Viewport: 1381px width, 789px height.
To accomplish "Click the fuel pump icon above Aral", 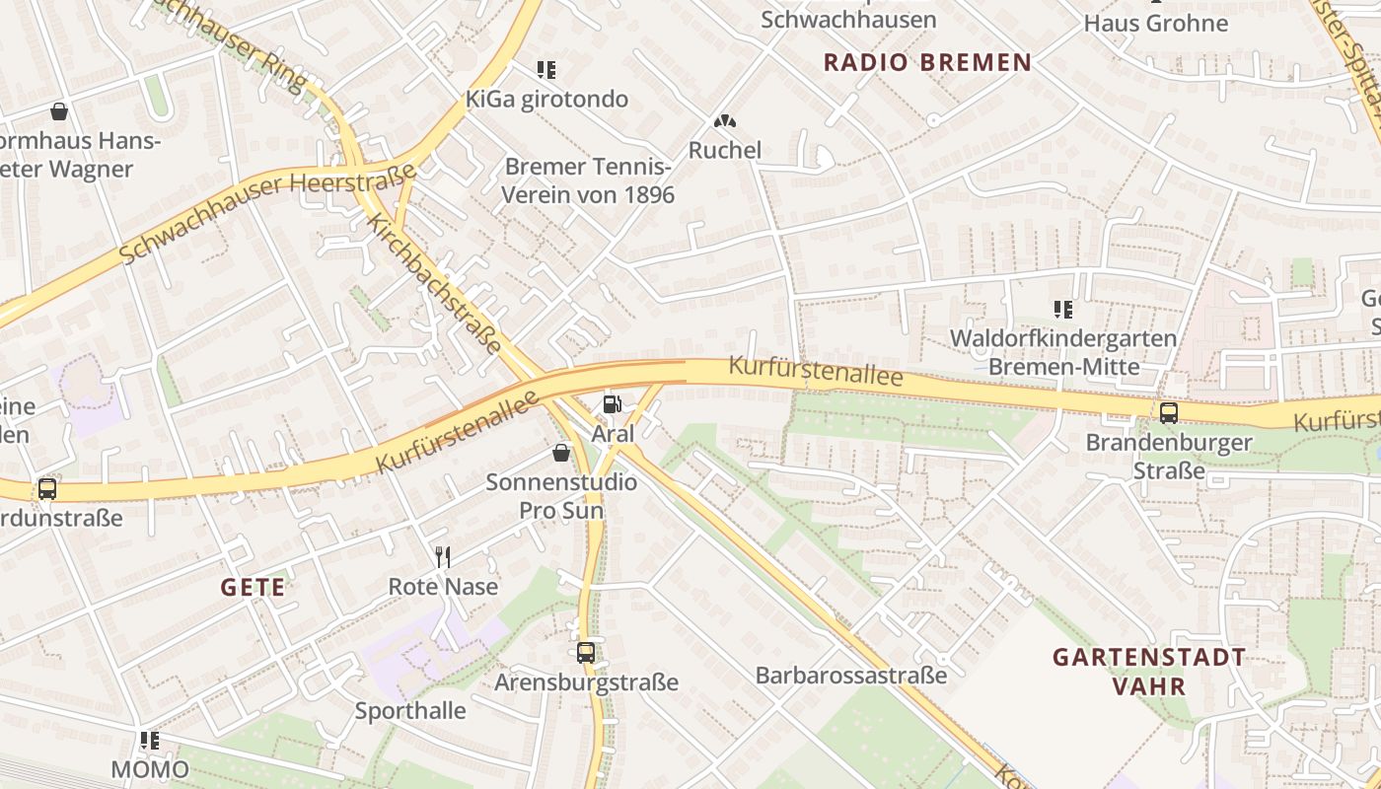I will pos(612,403).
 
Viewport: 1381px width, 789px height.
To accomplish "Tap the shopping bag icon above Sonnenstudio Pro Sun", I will pos(561,453).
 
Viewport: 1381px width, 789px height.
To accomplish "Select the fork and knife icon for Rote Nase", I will pos(443,557).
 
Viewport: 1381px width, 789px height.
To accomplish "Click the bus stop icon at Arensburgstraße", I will pos(586,652).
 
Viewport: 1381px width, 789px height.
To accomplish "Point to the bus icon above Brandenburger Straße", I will pos(1169,412).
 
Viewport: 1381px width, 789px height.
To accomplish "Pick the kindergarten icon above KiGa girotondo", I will pos(546,69).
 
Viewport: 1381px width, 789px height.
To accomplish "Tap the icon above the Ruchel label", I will pos(725,120).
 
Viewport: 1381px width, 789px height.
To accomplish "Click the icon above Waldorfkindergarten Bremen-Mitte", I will pos(1062,309).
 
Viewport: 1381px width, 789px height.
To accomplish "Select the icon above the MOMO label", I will pos(150,740).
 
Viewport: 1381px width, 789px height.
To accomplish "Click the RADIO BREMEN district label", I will pos(927,62).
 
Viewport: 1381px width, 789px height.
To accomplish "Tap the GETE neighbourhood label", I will pos(253,588).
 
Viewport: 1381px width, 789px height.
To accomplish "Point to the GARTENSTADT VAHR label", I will pos(1149,671).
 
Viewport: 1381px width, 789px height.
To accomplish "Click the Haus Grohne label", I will pos(1156,23).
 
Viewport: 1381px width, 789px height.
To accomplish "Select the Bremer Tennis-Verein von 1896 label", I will pos(588,180).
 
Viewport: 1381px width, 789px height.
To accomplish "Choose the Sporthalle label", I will pos(410,710).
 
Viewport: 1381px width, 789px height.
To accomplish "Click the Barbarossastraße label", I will pos(851,676).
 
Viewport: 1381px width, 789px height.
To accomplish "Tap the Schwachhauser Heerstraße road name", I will pos(266,214).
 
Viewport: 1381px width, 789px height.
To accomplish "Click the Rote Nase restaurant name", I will pos(443,587).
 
